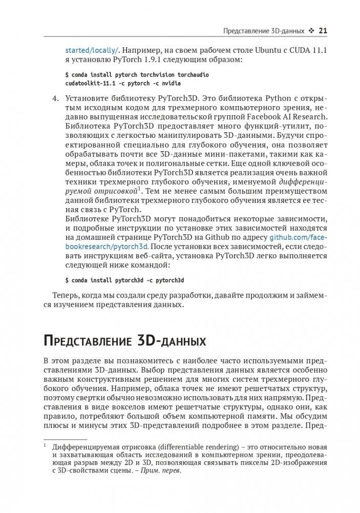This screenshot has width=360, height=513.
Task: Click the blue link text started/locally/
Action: coord(92,50)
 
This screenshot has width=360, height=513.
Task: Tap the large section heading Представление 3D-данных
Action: coord(125,341)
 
